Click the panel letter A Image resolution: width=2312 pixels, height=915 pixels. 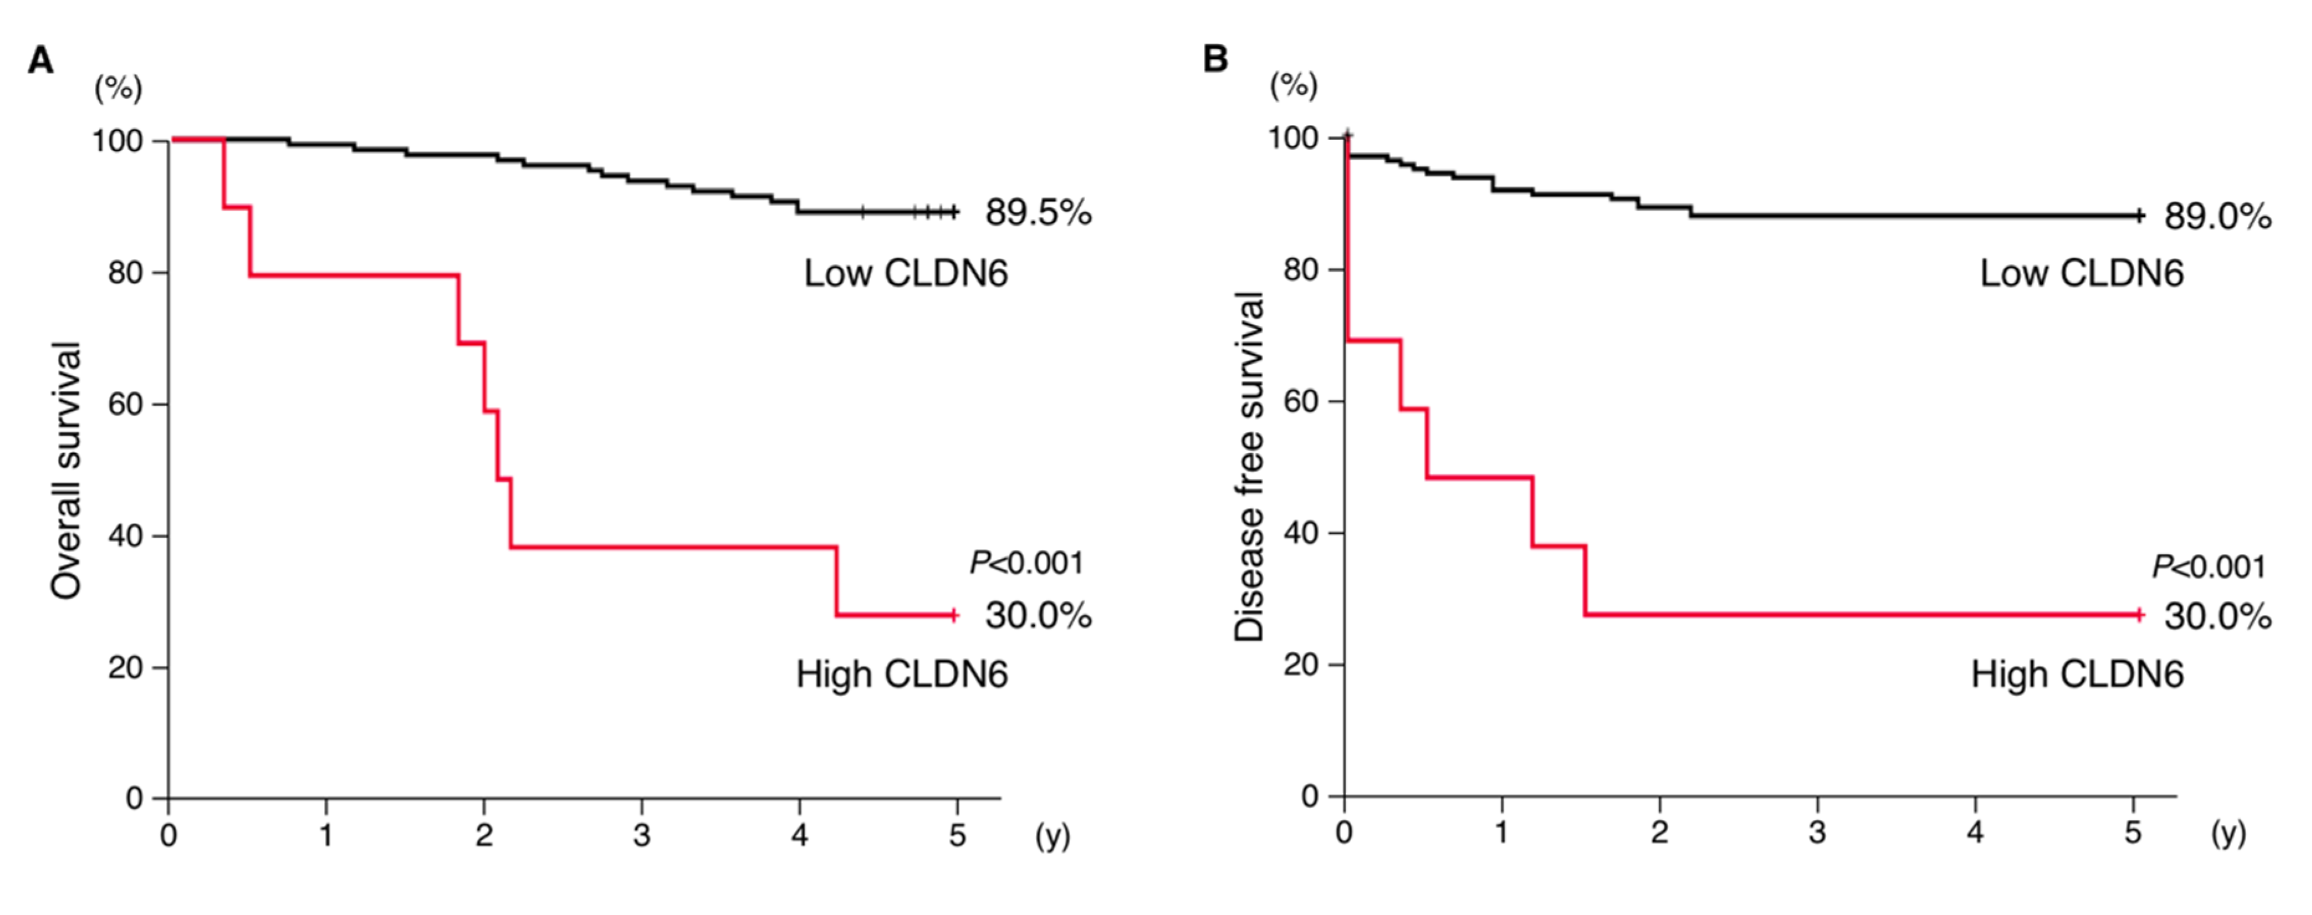[x=40, y=60]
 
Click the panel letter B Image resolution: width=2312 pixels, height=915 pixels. [x=1214, y=58]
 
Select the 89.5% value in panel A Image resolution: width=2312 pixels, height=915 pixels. [x=1039, y=213]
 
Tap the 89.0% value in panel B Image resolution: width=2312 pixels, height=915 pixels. [x=2217, y=216]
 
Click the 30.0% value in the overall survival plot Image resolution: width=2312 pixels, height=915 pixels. [x=1039, y=615]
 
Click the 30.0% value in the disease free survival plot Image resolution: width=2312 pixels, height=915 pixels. [x=2217, y=616]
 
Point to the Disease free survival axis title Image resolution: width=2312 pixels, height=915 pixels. [x=1249, y=467]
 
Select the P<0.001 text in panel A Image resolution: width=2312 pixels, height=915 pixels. [x=1026, y=563]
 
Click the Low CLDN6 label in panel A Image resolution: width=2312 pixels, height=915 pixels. [x=905, y=273]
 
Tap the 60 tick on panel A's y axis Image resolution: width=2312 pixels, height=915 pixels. [x=126, y=404]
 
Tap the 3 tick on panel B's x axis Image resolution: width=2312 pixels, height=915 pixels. [x=1817, y=832]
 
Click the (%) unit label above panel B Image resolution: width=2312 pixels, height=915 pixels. [x=1293, y=86]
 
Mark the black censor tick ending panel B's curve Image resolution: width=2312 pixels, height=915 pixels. [x=2140, y=216]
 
